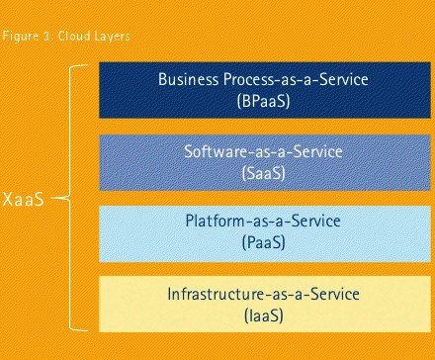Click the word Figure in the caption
tap(21, 36)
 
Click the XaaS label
tap(24, 199)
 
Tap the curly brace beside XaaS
tap(69, 198)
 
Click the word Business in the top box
tap(188, 79)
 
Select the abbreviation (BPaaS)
tap(264, 101)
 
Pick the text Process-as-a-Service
tap(296, 79)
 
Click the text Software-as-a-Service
tap(263, 151)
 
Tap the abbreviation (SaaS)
tap(264, 173)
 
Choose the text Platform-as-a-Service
tap(263, 221)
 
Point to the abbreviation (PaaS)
tap(264, 242)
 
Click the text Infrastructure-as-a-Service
tap(263, 294)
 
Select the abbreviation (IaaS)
tap(264, 315)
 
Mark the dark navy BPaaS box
tap(265, 90)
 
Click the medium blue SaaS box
tap(265, 162)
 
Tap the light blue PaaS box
tap(265, 233)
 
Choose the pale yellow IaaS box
tap(265, 304)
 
